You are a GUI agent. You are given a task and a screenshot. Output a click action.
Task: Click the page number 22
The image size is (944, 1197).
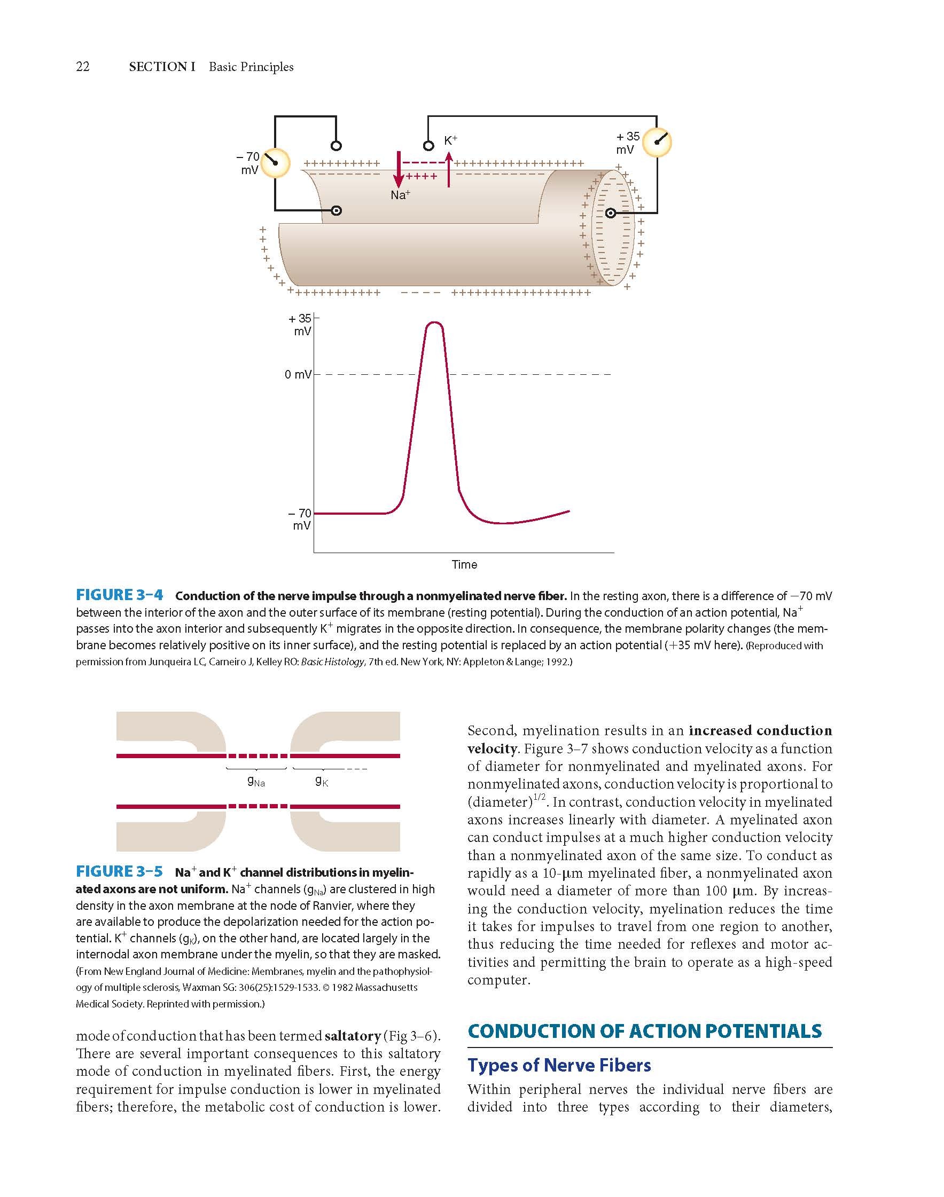coord(82,67)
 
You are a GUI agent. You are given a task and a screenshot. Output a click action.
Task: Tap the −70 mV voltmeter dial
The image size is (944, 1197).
coord(275,163)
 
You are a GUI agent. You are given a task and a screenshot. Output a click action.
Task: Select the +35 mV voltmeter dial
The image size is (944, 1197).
coord(657,143)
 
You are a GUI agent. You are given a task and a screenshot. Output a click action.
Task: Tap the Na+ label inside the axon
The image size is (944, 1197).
coord(400,195)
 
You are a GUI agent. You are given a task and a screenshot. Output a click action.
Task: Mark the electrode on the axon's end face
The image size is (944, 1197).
coord(610,213)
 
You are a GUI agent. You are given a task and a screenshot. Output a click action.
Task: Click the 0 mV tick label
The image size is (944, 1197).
coord(298,375)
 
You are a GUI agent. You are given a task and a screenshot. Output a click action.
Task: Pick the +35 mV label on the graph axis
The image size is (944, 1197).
coord(300,325)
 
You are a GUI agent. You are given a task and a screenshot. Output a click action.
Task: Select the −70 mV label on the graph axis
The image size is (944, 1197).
coord(300,520)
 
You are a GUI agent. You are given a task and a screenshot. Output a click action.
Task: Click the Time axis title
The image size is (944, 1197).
coord(464,564)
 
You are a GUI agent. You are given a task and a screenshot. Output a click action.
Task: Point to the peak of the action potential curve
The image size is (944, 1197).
coord(434,322)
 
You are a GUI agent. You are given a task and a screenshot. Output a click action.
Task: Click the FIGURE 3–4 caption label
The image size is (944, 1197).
coord(119,595)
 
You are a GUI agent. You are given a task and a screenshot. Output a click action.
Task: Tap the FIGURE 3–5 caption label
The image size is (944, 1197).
coord(119,872)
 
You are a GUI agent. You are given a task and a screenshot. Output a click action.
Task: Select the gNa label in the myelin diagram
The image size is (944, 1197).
coord(256,782)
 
